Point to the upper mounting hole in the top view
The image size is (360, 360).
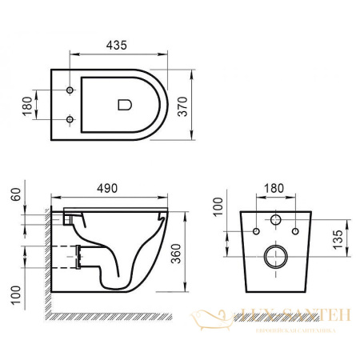pyautogui.click(x=70, y=88)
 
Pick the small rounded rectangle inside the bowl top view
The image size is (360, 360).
pyautogui.click(x=123, y=104)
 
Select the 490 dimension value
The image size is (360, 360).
pyautogui.click(x=107, y=188)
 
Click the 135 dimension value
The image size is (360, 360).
pyautogui.click(x=338, y=238)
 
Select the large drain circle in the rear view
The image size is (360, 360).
pyautogui.click(x=276, y=258)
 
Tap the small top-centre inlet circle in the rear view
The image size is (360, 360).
pyautogui.click(x=276, y=219)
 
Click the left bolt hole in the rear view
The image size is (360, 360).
pyautogui.click(x=256, y=232)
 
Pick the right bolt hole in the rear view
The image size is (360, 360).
pyautogui.click(x=295, y=232)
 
